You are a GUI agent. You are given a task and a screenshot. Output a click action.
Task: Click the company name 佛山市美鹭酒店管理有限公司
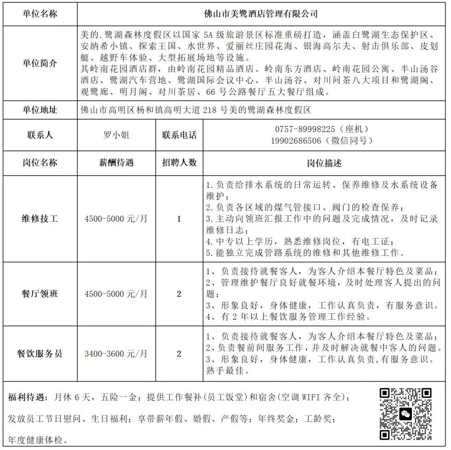coord(261,14)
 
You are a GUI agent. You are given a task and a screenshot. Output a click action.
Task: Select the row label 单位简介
coord(40,63)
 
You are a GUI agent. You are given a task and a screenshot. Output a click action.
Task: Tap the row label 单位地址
coord(40,110)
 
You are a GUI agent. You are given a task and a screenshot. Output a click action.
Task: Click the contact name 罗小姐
coord(116,135)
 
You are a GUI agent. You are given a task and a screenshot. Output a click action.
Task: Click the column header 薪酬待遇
coord(116,163)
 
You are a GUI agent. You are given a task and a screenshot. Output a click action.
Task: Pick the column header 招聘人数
coord(179,163)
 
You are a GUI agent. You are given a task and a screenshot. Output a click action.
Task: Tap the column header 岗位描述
coord(324,163)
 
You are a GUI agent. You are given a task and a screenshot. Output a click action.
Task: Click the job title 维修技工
coord(40,219)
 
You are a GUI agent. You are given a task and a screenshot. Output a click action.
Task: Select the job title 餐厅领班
coord(40,294)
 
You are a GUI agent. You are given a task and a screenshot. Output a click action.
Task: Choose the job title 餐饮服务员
coord(40,354)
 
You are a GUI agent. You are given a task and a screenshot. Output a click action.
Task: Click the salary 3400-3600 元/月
coord(116,354)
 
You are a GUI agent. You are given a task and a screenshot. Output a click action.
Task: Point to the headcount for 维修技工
coord(179,219)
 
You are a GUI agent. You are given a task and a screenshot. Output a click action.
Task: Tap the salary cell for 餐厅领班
coord(116,294)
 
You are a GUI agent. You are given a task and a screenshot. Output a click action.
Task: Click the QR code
coord(405,414)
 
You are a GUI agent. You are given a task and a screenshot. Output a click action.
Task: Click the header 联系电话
coord(179,135)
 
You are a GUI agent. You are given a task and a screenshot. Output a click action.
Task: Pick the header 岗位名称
coord(40,163)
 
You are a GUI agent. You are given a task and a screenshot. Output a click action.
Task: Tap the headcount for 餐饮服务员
coord(179,354)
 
